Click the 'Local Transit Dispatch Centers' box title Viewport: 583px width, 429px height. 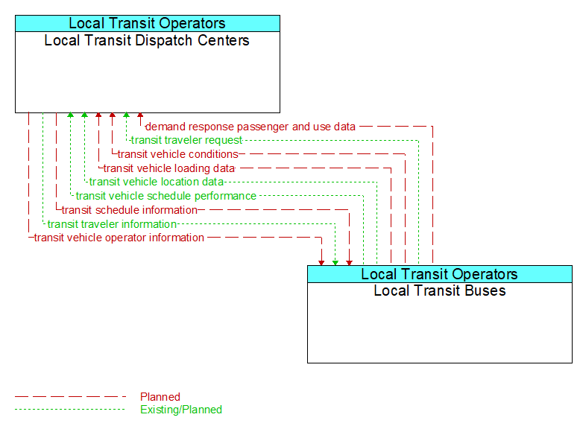click(147, 40)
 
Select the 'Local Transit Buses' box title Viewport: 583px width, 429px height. click(439, 290)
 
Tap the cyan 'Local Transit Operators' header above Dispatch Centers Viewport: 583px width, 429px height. click(147, 24)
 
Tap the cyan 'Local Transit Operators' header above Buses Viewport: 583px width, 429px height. click(439, 274)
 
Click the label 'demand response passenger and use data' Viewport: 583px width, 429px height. click(250, 127)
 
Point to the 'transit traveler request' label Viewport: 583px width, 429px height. click(186, 140)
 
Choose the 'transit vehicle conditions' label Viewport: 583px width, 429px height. click(177, 154)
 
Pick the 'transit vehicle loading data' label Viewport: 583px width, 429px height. click(168, 168)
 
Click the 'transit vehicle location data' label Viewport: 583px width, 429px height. click(156, 182)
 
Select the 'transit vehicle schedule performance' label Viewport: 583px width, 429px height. click(166, 196)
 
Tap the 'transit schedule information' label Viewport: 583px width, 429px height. click(129, 210)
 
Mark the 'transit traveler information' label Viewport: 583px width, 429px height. click(112, 224)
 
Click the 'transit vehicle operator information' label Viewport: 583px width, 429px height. click(119, 238)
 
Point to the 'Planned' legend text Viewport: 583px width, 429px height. click(160, 397)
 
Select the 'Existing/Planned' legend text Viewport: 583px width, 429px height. click(181, 410)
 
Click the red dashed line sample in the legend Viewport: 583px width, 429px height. click(71, 397)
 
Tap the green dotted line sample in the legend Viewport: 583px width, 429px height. click(71, 410)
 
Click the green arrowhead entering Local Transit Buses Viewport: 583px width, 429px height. click(335, 261)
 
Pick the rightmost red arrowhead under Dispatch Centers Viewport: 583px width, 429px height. click(140, 116)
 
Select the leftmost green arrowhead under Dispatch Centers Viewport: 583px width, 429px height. click(70, 116)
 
